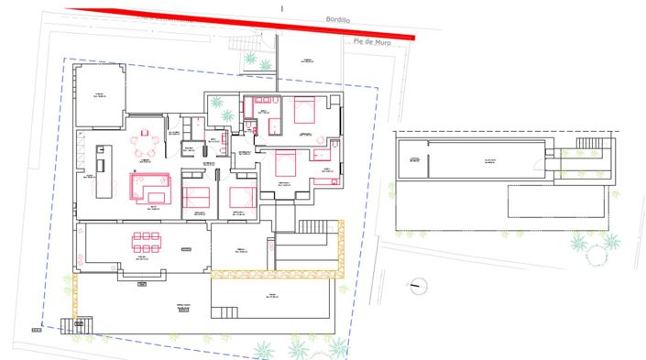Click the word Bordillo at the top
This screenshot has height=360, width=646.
coord(339,17)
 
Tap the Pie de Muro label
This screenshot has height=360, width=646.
coord(375,41)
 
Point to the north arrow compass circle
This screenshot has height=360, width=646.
coord(418,284)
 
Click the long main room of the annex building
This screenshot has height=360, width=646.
coord(486,160)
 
